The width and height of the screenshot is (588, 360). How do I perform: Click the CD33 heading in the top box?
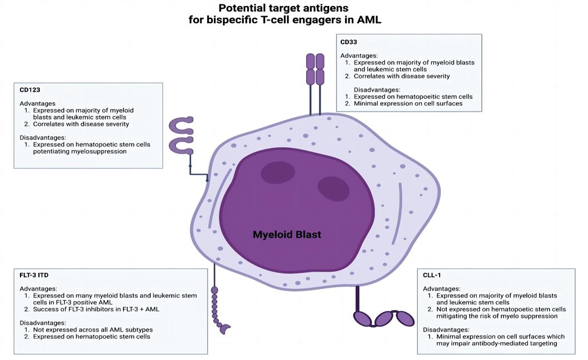click(x=350, y=43)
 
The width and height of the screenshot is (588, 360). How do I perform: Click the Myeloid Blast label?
click(x=287, y=234)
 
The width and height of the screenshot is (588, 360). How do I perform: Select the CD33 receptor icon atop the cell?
click(x=316, y=78)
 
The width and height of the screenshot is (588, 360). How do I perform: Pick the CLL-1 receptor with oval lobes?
click(x=383, y=318)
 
